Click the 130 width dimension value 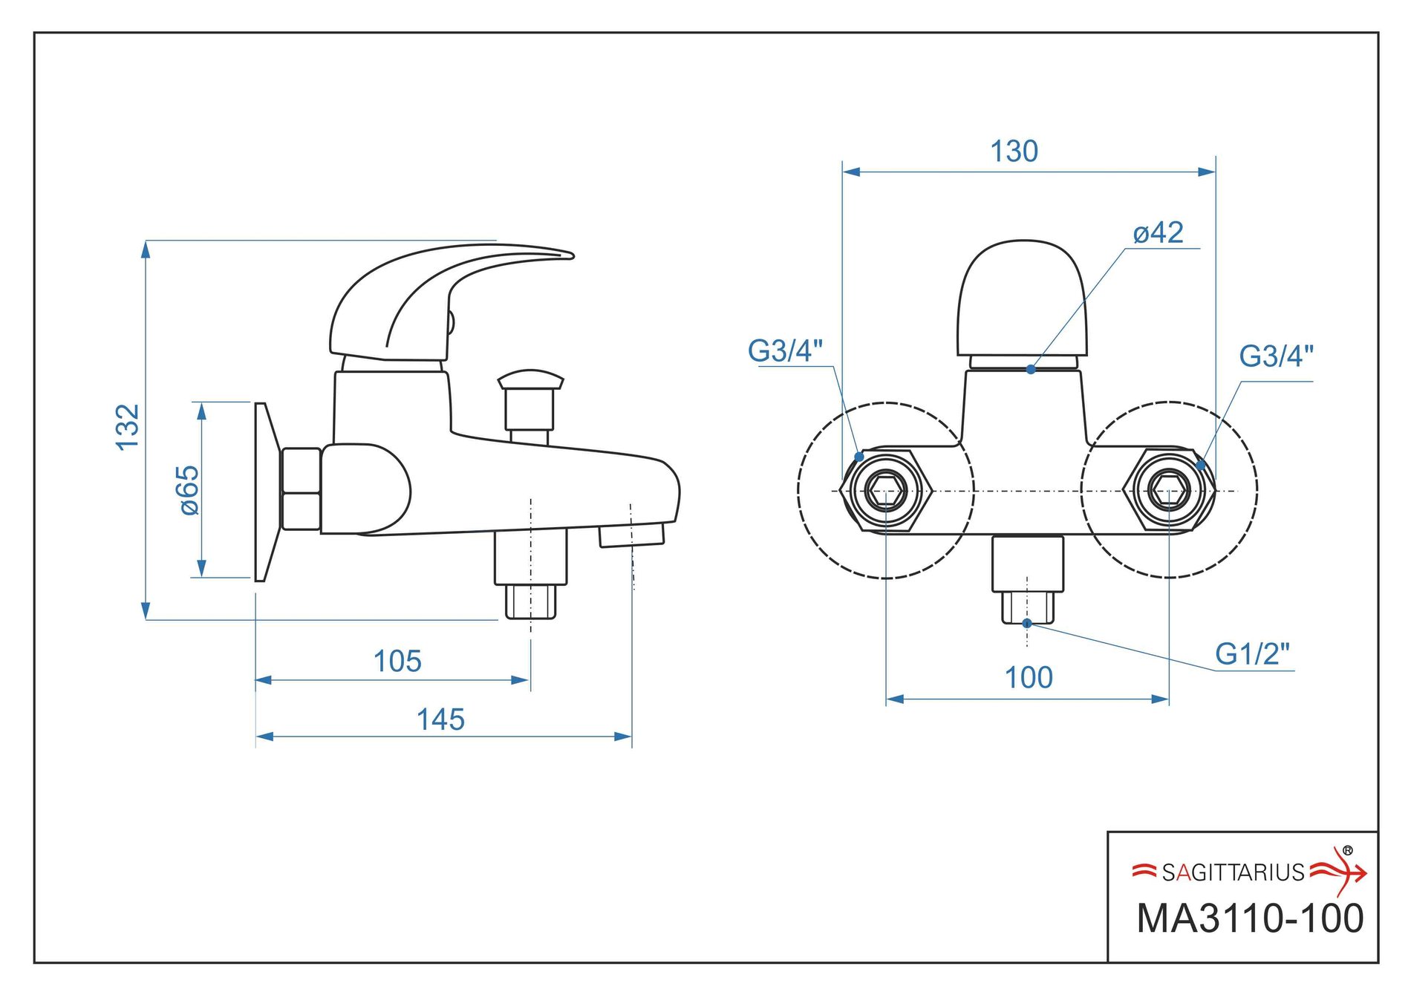tap(1014, 151)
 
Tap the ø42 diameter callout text tap(1158, 232)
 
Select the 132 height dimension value tap(128, 427)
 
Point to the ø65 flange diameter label tap(189, 490)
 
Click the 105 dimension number tap(397, 661)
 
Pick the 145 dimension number tap(440, 719)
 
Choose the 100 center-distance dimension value tap(1029, 677)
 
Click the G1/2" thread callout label tap(1252, 653)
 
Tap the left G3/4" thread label tap(785, 350)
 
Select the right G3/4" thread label tap(1276, 356)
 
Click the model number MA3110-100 tap(1251, 918)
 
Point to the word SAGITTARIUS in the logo tap(1233, 872)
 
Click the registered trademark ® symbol tap(1347, 851)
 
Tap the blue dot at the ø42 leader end tap(1031, 369)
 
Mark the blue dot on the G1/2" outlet tap(1027, 623)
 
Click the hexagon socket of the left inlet tap(886, 490)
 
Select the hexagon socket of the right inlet tap(1169, 489)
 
